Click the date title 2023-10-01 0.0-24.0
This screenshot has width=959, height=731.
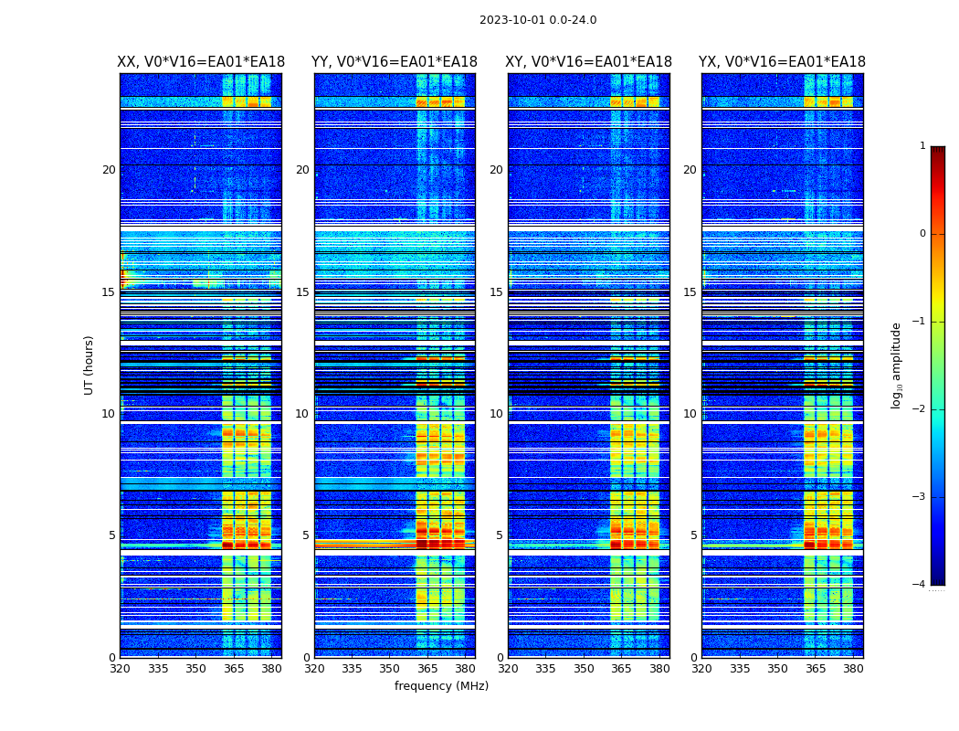point(538,20)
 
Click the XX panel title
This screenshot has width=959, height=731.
point(201,62)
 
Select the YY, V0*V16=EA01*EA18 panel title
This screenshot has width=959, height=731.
point(395,62)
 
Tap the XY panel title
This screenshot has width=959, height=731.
point(589,62)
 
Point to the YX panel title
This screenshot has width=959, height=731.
point(783,62)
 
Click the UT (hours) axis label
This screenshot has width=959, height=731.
point(90,365)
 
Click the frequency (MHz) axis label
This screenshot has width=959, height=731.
point(441,686)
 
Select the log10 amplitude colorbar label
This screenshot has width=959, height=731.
point(897,365)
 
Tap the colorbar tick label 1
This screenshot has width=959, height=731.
point(922,146)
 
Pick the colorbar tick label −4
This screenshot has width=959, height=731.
point(921,585)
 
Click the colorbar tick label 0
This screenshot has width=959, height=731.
point(922,234)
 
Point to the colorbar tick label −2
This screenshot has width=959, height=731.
point(921,409)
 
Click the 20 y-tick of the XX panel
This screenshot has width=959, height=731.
point(109,170)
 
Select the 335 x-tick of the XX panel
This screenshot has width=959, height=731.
point(158,669)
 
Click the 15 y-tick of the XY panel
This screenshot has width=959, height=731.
point(498,292)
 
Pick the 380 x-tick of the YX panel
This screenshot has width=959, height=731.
point(853,669)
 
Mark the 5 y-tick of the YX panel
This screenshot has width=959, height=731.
point(693,535)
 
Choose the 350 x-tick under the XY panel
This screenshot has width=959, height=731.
point(585,669)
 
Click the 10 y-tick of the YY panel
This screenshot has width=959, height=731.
point(302,414)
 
